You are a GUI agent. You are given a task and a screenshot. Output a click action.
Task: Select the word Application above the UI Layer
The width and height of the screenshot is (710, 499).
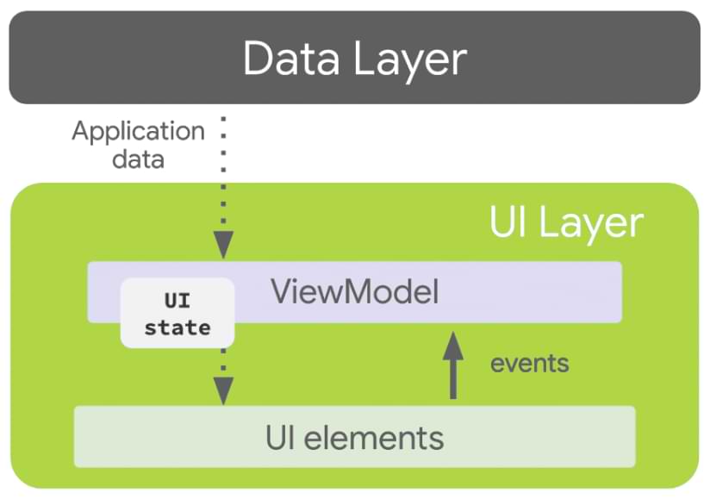pyautogui.click(x=138, y=132)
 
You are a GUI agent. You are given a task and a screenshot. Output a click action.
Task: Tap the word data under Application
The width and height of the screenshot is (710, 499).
pyautogui.click(x=138, y=159)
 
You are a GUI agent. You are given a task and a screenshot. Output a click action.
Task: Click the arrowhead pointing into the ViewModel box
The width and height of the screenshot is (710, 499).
pyautogui.click(x=223, y=246)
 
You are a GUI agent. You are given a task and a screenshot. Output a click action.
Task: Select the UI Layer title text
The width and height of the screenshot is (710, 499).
pyautogui.click(x=566, y=222)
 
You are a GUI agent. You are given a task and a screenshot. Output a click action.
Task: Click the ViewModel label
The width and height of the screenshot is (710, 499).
pyautogui.click(x=355, y=292)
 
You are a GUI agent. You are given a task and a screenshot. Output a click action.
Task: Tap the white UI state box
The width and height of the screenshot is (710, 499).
pyautogui.click(x=177, y=313)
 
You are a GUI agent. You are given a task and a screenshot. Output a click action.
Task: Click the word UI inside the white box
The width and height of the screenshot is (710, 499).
pyautogui.click(x=177, y=301)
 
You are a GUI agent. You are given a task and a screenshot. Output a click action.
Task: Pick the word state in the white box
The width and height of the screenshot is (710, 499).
pyautogui.click(x=177, y=327)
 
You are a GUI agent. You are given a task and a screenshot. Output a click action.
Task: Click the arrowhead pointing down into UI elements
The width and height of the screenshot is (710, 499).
pyautogui.click(x=223, y=392)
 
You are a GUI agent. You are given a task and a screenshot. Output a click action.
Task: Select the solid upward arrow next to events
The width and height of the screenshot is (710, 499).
pyautogui.click(x=453, y=366)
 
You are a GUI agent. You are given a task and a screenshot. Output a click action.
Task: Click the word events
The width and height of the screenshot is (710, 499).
pyautogui.click(x=530, y=363)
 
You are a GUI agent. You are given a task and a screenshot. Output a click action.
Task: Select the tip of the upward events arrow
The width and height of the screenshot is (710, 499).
pyautogui.click(x=453, y=333)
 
